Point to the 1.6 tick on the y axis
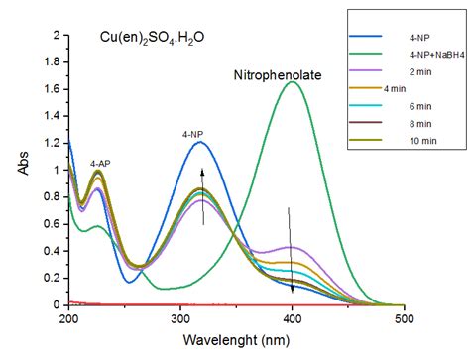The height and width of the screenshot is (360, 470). (x=54, y=89)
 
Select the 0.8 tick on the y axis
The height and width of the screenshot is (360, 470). (x=54, y=196)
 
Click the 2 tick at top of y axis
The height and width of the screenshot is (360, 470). (x=58, y=36)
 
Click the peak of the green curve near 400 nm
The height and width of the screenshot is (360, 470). (x=293, y=82)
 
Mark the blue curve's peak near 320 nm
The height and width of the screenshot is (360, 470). (x=201, y=142)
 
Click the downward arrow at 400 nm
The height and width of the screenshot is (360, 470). (x=291, y=248)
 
